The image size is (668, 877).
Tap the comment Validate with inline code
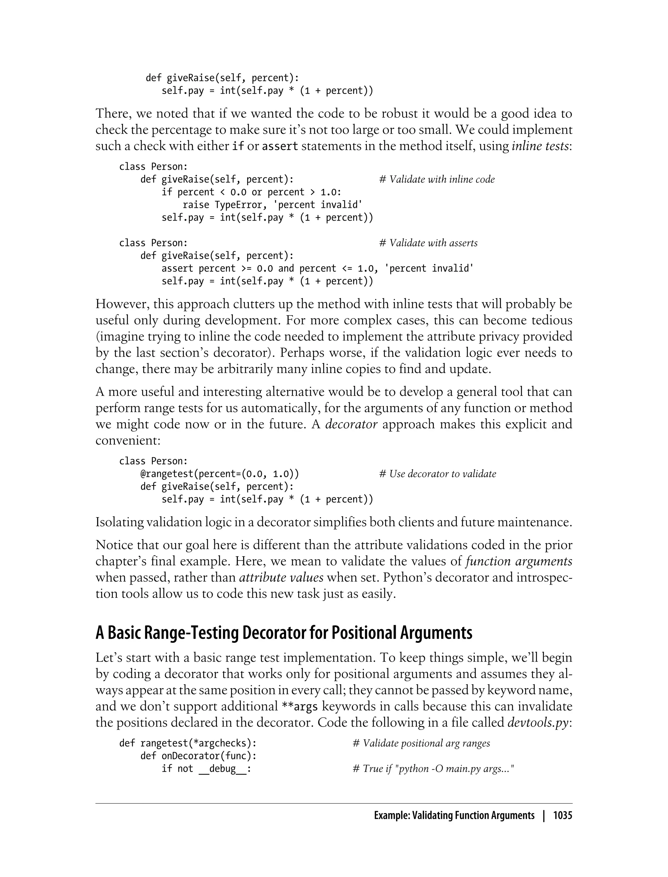(437, 179)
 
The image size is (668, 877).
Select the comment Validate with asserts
(428, 243)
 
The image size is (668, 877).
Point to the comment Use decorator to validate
(437, 474)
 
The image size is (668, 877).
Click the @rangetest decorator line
(220, 474)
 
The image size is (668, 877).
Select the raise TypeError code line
(272, 205)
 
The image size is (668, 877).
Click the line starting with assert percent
(317, 269)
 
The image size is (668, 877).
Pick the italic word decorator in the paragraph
(351, 424)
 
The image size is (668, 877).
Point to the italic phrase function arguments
(519, 561)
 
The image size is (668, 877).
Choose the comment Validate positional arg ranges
(421, 743)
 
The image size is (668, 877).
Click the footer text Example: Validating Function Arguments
(454, 816)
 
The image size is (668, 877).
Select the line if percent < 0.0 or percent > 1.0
(251, 192)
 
